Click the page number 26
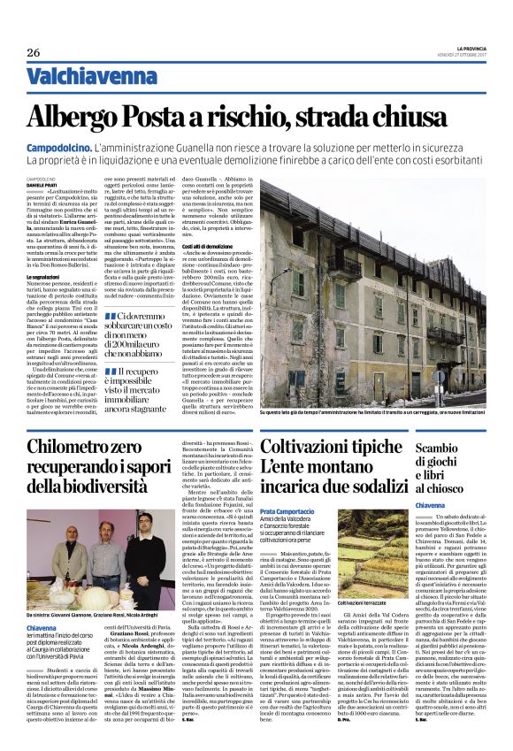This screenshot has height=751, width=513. [33, 53]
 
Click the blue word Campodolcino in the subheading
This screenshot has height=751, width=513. [59, 148]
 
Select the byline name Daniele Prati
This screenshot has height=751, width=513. [43, 184]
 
